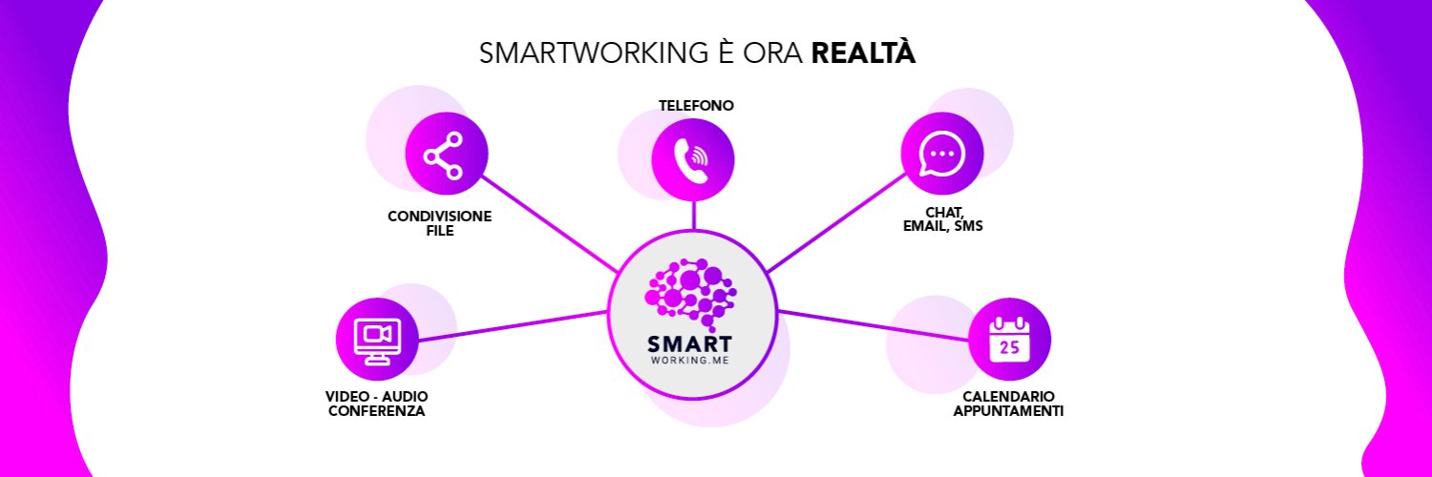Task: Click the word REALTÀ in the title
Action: [x=863, y=52]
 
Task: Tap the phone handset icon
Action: [x=692, y=160]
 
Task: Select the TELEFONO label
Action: [x=696, y=106]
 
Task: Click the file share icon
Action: [x=443, y=156]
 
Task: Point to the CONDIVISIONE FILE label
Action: [x=440, y=223]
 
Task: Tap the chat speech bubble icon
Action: [x=941, y=154]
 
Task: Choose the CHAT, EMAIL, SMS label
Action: [x=943, y=219]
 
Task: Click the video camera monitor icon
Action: [x=377, y=341]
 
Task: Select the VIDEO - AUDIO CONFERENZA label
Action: [x=376, y=404]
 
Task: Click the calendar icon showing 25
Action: [x=1009, y=339]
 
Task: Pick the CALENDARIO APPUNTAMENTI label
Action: [x=1008, y=404]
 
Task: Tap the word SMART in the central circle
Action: [x=690, y=344]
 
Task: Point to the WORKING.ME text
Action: [x=690, y=361]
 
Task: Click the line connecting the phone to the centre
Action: [x=694, y=216]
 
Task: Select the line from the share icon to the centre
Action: [x=550, y=224]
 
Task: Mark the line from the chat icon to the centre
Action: [x=836, y=223]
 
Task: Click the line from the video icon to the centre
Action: [x=512, y=326]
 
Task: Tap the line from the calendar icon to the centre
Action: [x=874, y=325]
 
